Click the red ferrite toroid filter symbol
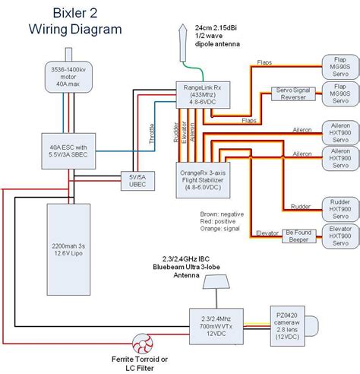click(x=141, y=344)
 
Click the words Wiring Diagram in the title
click(x=74, y=30)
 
